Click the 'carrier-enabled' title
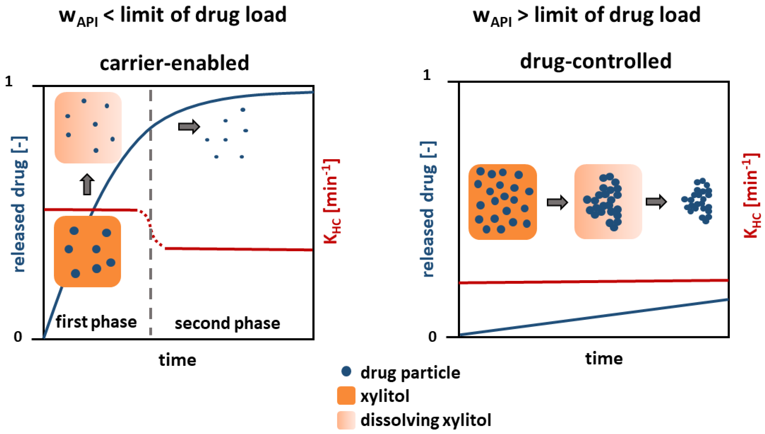(x=174, y=63)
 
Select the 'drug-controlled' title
(x=595, y=61)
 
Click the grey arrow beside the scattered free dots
(x=189, y=127)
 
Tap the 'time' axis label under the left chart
(x=177, y=360)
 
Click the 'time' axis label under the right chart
(x=604, y=359)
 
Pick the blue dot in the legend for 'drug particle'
(x=346, y=371)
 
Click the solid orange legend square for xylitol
(x=346, y=395)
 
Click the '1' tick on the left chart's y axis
(x=9, y=81)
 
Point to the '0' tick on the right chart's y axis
(x=432, y=337)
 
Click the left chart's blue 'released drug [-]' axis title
(x=19, y=204)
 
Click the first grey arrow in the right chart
(x=557, y=203)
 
